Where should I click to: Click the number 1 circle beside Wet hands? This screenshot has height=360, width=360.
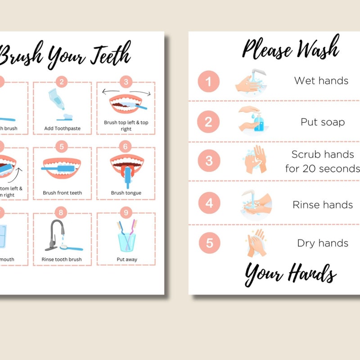coord(208,81)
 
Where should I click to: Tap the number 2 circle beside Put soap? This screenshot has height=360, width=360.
coord(208,122)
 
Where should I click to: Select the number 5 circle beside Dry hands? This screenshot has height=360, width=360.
coord(209,243)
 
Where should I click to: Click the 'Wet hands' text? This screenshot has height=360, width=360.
coord(321,81)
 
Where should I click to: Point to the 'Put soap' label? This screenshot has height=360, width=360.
coord(323,122)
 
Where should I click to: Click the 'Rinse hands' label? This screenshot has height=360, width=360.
coord(323,205)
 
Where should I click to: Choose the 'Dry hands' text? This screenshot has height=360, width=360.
coord(323,243)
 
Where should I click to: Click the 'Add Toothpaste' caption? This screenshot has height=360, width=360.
coord(62,128)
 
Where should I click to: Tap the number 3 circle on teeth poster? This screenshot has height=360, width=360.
coord(126,82)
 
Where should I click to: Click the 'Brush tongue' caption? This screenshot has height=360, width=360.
coord(126,193)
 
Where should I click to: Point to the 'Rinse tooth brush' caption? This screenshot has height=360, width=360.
coord(62,259)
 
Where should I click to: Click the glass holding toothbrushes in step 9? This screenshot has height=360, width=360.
coord(126,240)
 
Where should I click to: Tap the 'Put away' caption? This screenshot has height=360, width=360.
coord(127,259)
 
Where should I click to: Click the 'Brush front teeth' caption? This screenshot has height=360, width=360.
coord(62,193)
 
